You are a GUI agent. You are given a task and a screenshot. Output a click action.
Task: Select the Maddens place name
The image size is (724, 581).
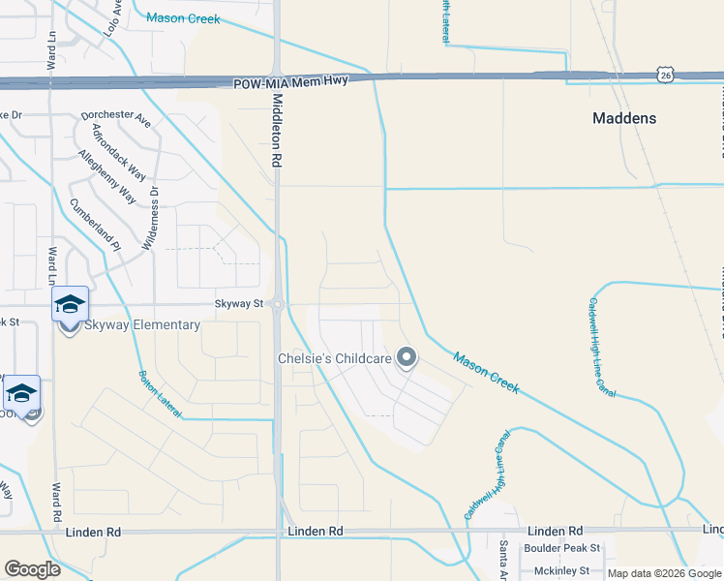click(x=623, y=118)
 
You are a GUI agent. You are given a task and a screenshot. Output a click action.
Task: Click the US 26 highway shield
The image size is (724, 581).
click(x=663, y=74)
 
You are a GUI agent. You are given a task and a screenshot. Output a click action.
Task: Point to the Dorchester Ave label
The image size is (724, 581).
click(x=116, y=119)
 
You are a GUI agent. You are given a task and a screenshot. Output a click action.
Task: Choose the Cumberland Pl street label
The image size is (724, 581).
click(x=95, y=226)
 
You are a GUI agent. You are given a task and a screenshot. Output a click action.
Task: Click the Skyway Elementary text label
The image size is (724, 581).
click(x=142, y=324)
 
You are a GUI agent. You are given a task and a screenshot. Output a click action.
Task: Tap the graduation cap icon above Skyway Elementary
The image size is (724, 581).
click(x=70, y=304)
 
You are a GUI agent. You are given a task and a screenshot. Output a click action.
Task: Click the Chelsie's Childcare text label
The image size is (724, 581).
click(x=336, y=359)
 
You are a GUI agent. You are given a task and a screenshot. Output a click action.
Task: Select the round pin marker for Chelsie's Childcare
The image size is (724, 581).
click(x=407, y=359)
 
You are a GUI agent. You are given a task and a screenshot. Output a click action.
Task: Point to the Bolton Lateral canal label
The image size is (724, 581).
click(x=160, y=394)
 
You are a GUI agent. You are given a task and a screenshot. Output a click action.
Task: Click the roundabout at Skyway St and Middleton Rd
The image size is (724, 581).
click(x=277, y=305)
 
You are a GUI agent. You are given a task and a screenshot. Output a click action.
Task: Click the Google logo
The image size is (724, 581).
click(x=33, y=569)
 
